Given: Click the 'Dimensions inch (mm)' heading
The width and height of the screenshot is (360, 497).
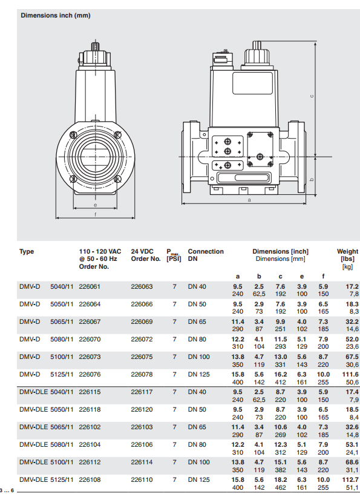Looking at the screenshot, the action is click(x=56, y=15).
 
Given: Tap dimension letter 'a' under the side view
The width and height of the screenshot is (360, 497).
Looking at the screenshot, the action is click(x=249, y=200).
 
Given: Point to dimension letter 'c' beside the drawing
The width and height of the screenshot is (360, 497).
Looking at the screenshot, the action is click(x=312, y=96).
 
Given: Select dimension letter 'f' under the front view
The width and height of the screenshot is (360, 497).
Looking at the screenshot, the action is click(x=95, y=214).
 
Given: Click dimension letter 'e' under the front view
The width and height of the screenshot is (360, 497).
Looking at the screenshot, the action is click(x=95, y=205).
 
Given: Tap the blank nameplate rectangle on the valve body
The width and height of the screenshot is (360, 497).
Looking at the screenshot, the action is click(x=252, y=83).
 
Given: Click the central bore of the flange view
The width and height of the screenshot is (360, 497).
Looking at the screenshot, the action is click(x=95, y=156).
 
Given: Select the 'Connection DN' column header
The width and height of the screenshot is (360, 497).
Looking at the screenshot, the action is click(x=206, y=255).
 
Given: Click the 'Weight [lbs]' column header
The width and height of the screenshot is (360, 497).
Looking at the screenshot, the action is click(x=348, y=255).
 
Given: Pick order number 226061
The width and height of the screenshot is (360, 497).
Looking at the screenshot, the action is click(x=90, y=286).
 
